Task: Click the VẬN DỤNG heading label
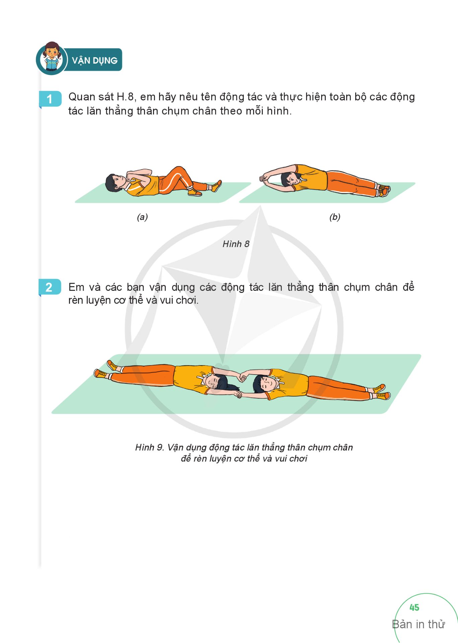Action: [x=95, y=61]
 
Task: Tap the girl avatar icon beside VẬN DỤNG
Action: [x=51, y=58]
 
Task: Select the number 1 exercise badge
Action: [x=50, y=99]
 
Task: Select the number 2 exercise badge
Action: [x=50, y=287]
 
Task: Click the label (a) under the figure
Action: [x=142, y=217]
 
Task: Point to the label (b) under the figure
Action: [x=335, y=217]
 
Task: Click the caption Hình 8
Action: [x=236, y=244]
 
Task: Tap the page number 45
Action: [x=414, y=608]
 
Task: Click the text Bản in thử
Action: [x=418, y=624]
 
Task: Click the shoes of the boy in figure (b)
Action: [x=384, y=190]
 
